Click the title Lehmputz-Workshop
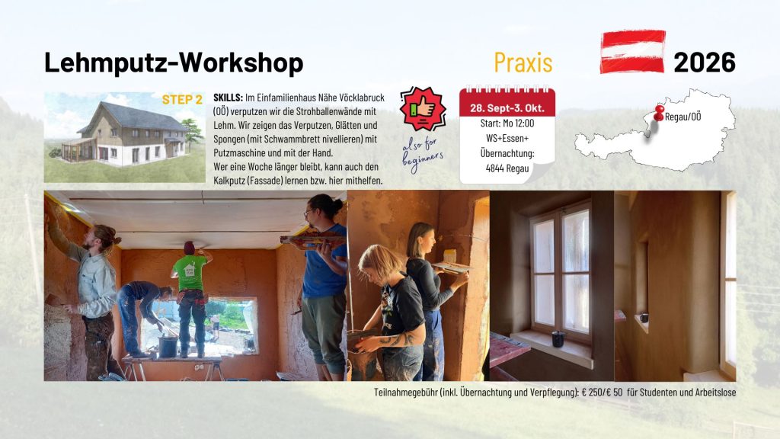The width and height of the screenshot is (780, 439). point(174,63)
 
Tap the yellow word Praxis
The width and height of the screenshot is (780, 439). point(523,62)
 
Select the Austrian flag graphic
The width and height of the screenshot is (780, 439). point(633,52)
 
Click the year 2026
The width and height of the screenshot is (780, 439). point(705,62)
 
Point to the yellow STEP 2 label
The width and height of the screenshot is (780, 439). point(182,100)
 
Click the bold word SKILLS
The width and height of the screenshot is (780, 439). point(228,98)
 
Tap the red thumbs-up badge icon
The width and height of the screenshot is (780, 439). point(422,108)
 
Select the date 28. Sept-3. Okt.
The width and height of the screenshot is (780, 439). point(507,108)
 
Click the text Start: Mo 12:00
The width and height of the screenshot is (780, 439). point(507,123)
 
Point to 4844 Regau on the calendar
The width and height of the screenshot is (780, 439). point(507,168)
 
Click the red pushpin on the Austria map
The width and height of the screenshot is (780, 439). point(659,114)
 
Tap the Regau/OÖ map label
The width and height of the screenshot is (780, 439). point(682,117)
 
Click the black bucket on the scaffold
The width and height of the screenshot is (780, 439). point(168,346)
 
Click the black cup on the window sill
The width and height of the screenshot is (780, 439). point(558,338)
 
